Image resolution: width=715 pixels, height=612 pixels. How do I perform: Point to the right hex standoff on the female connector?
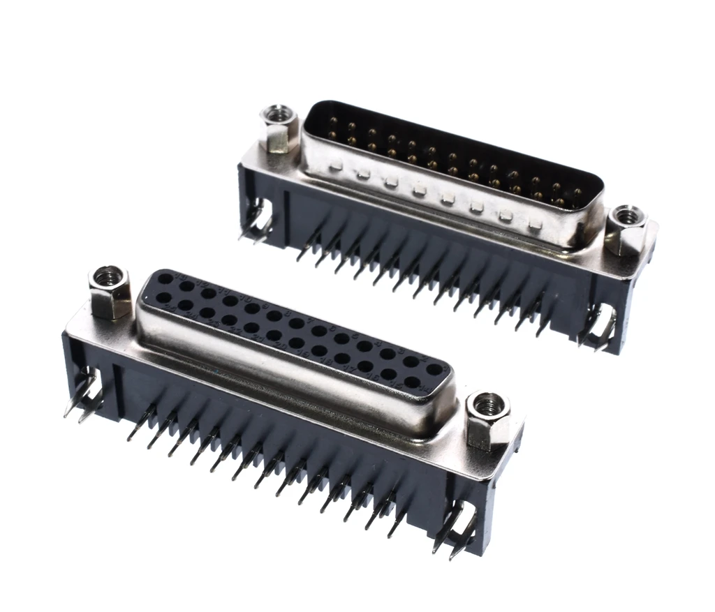(x=487, y=419)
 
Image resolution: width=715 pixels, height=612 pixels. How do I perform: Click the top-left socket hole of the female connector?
(x=165, y=279)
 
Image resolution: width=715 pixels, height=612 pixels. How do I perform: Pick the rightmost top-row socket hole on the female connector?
(x=434, y=369)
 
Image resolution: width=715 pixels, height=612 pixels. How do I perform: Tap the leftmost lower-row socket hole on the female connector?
(x=165, y=298)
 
